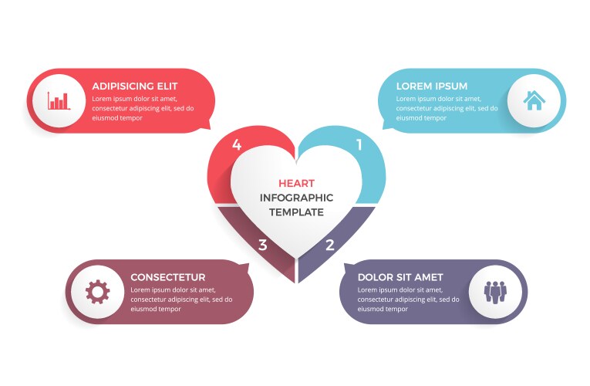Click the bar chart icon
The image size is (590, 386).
pos(59,100)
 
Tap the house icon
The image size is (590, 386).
pos(534,100)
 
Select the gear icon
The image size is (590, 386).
pos(97,292)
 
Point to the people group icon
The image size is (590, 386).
pos(494,292)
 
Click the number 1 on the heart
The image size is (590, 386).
pos(359,144)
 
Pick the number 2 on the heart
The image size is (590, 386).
pos(330,245)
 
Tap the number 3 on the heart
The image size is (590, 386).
pos(263,245)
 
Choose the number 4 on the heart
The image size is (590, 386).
pos(237,144)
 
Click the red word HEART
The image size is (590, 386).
pos(296,183)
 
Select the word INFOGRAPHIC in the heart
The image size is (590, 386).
pos(296,198)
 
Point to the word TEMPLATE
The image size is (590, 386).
pos(296,212)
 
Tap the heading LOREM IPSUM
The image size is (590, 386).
pos(431,86)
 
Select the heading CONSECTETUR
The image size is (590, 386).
pos(168,277)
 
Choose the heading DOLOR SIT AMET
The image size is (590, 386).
pos(400,277)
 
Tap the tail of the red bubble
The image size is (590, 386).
pos(207,127)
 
